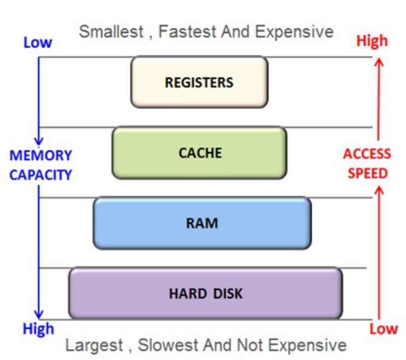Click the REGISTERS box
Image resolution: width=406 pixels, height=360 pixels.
[200, 82]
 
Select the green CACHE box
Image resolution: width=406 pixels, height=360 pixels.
[200, 153]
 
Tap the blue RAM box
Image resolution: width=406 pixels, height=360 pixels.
[202, 223]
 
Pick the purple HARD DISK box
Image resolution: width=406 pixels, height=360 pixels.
[206, 293]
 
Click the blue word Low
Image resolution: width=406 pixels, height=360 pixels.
[38, 43]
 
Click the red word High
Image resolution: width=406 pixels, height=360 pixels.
[372, 41]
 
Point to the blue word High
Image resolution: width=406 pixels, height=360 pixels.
[38, 330]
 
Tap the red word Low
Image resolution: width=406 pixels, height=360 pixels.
[383, 329]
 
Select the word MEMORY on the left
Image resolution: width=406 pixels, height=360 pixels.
[41, 156]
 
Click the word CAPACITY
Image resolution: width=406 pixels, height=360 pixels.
[41, 175]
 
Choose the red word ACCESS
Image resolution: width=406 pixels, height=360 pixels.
[367, 154]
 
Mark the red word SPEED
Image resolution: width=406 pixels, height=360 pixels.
[368, 173]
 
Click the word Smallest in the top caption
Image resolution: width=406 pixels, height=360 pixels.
[111, 32]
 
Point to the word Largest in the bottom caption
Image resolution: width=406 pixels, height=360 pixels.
[94, 345]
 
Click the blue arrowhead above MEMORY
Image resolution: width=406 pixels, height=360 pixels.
[39, 141]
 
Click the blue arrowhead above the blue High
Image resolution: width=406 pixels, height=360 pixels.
[39, 314]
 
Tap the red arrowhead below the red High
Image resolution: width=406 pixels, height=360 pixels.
[379, 62]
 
